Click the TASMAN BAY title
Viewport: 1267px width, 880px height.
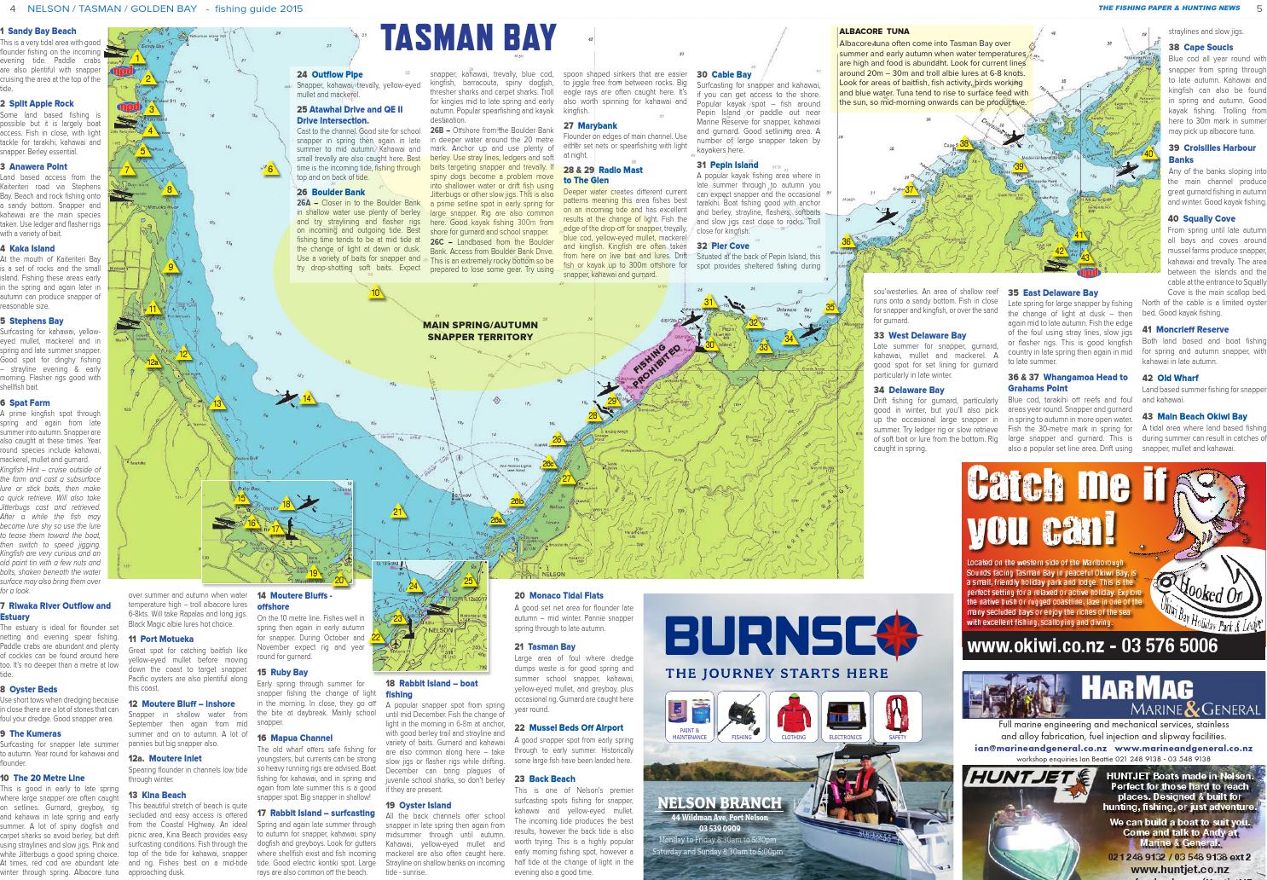(468, 38)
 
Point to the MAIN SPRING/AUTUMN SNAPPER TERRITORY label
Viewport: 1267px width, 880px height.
(480, 331)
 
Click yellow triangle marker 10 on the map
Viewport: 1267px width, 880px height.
(375, 293)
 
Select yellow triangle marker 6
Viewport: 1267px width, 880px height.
(270, 169)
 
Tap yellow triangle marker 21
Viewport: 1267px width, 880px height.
(397, 512)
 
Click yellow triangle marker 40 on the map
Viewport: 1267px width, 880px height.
(1148, 154)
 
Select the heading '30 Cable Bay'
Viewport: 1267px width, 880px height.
(724, 75)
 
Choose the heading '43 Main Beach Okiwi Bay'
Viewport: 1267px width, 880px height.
(1194, 416)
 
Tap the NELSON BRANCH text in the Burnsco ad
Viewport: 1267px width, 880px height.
(720, 802)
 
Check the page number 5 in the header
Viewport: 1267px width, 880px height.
(1258, 9)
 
